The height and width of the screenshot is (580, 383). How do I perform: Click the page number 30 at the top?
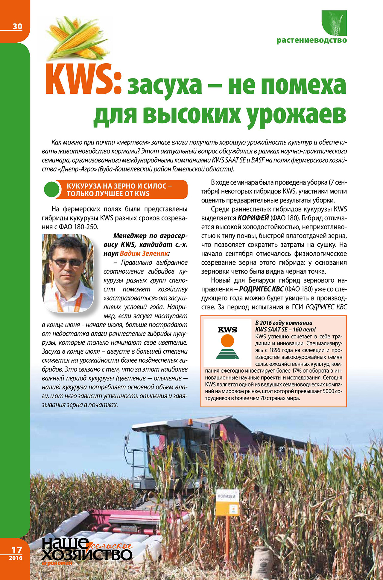[x=17, y=27]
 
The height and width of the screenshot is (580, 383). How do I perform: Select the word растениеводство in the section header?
[x=311, y=40]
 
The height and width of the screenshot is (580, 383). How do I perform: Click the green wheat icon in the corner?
[x=334, y=23]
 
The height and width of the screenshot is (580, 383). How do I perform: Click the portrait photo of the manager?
[x=68, y=273]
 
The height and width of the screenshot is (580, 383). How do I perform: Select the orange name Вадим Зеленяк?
[x=144, y=254]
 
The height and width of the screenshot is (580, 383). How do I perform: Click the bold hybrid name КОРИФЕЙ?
[x=253, y=218]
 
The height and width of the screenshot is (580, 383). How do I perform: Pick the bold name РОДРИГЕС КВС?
[x=261, y=289]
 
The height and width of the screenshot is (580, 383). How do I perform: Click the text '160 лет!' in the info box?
[x=304, y=329]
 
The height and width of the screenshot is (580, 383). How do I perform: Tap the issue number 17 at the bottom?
[x=17, y=550]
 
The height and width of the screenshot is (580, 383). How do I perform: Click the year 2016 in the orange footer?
[x=16, y=558]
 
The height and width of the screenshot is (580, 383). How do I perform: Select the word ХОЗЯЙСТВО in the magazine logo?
[x=87, y=555]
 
